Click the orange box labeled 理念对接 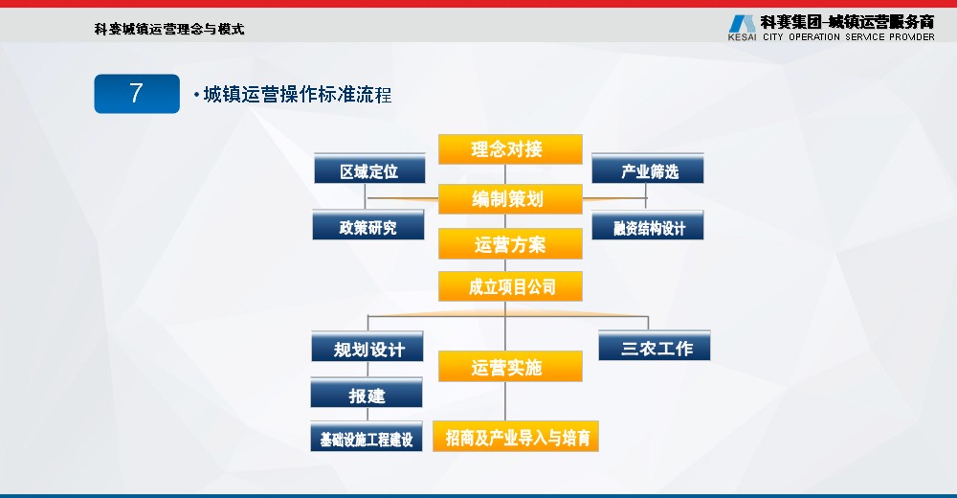pos(510,149)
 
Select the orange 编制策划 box pos(510,198)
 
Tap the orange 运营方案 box pos(510,244)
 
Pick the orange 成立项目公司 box pos(510,286)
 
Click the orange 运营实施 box pos(510,366)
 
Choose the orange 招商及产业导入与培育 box pos(516,437)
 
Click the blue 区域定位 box pos(369,169)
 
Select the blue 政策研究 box pos(368,225)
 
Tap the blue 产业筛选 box pos(648,169)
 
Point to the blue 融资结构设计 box pos(648,225)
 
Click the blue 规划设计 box pos(367,347)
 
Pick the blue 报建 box pos(367,393)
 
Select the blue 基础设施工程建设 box pos(367,437)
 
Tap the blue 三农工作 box pos(655,346)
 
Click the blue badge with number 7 pos(137,94)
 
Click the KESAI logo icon pos(743,24)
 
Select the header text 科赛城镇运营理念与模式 pos(169,29)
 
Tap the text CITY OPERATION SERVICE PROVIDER pos(848,36)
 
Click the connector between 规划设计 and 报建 pos(367,370)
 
